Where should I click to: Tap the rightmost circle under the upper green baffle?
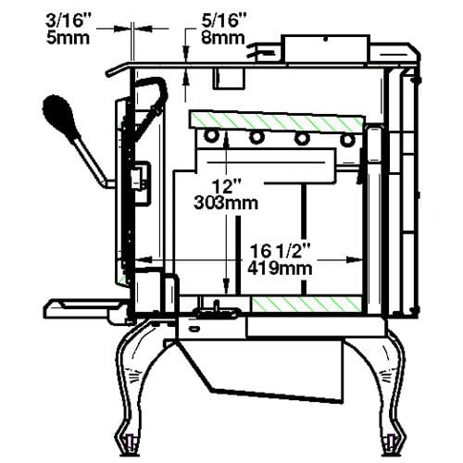point(347,139)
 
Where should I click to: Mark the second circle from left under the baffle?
point(256,138)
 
